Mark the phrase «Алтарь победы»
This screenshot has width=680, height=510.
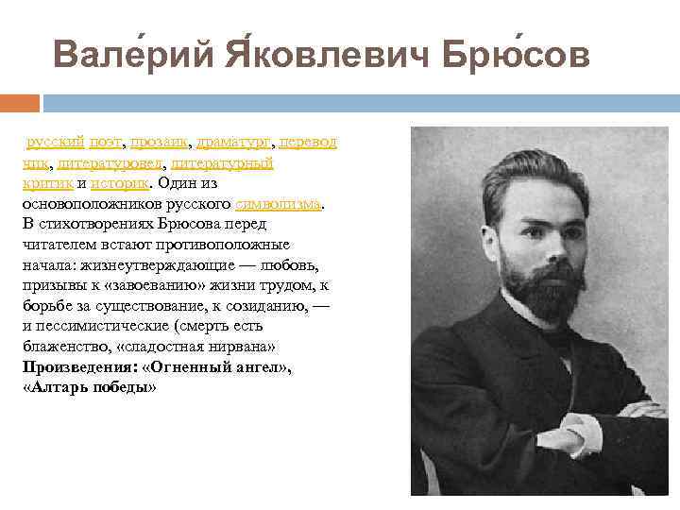pyautogui.click(x=89, y=387)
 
